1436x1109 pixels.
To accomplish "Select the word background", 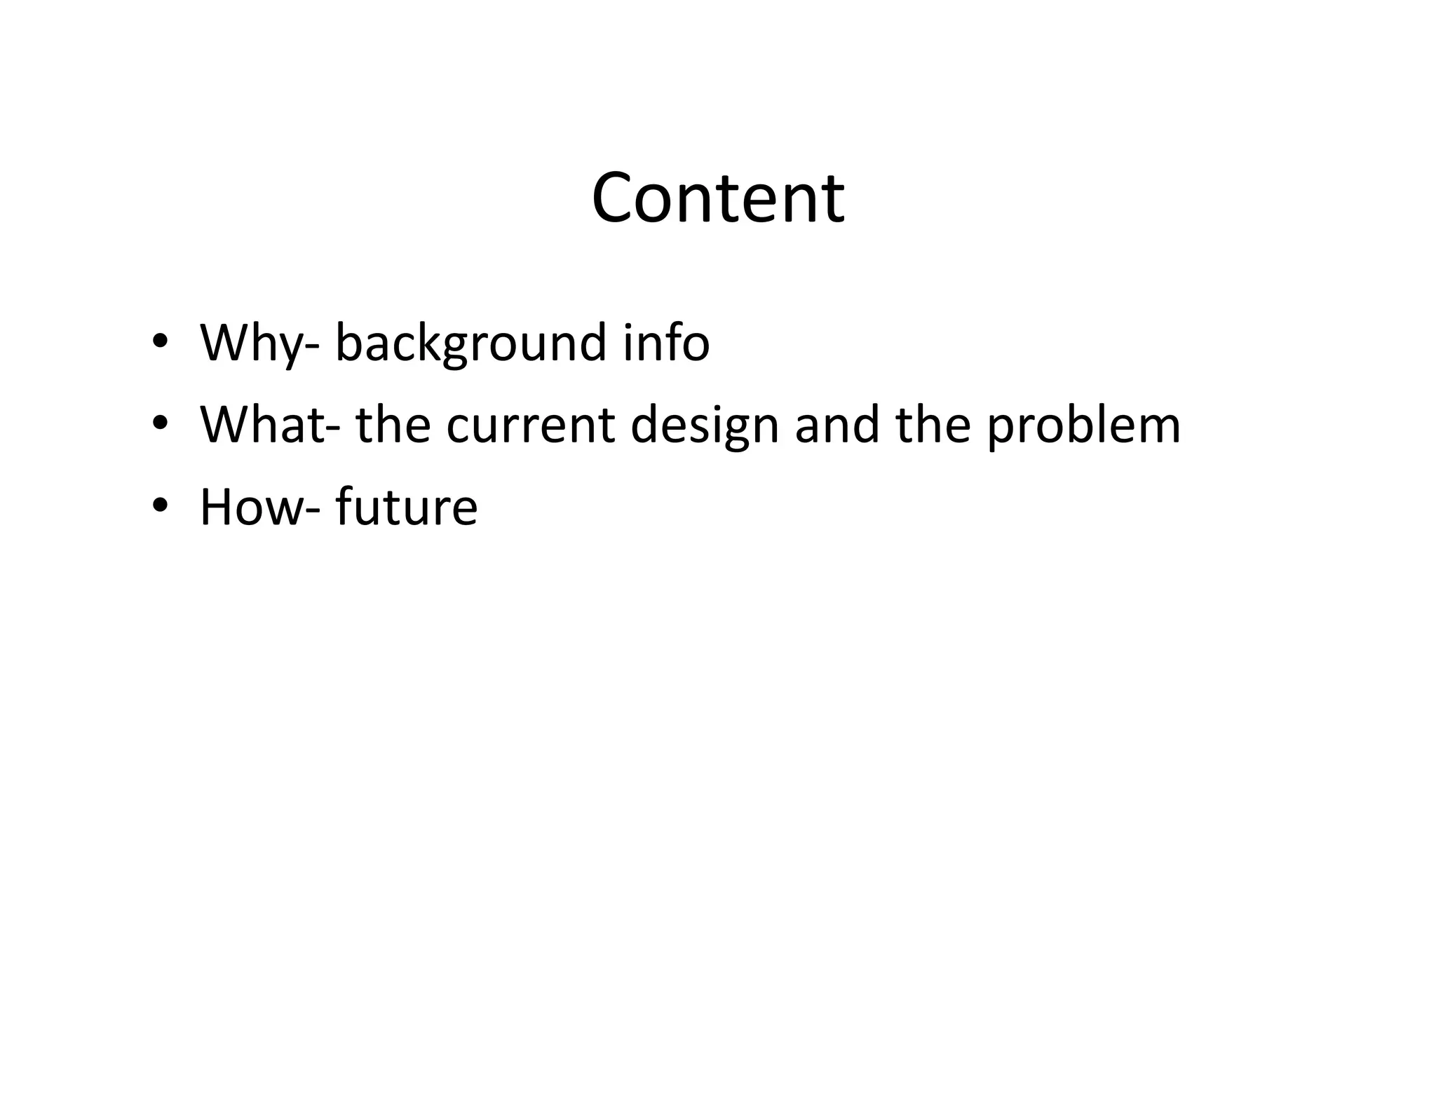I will (470, 343).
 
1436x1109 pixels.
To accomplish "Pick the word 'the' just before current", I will (393, 425).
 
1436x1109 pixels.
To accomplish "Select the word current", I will (531, 426).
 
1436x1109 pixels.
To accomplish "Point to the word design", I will (704, 426).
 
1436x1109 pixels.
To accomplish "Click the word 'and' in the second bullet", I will (836, 425).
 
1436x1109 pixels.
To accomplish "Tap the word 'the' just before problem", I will (933, 425).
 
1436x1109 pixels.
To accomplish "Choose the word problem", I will (1083, 426).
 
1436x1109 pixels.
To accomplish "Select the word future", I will (407, 507).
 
